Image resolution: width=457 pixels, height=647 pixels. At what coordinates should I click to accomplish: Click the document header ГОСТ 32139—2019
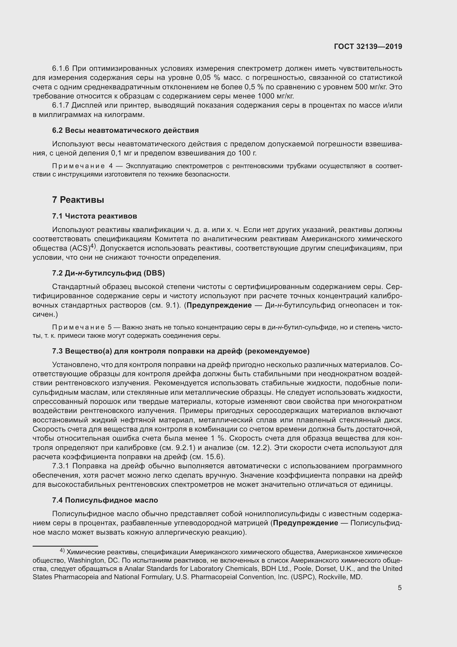pos(368,46)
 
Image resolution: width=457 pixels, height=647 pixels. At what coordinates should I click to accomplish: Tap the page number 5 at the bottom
pos(400,588)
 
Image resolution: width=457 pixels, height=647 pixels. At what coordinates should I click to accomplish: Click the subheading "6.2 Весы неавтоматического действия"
pos(125,130)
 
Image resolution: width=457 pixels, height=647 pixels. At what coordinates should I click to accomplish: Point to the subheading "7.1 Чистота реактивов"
pos(94,216)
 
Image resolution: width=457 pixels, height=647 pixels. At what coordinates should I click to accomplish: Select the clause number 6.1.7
pos(61,105)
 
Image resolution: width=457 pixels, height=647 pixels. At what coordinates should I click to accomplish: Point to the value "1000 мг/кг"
pos(275,96)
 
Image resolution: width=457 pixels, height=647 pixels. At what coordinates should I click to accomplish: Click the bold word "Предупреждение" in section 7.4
pos(305,523)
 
